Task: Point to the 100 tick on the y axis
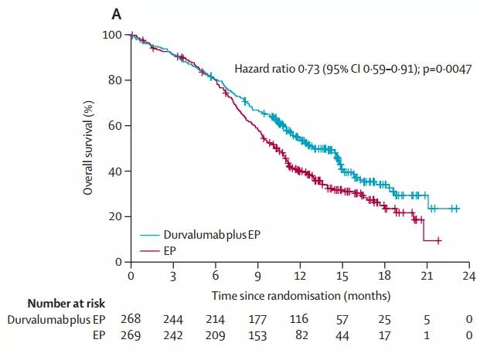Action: pyautogui.click(x=113, y=35)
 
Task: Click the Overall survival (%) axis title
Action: pyautogui.click(x=89, y=149)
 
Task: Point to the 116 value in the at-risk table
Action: pyautogui.click(x=300, y=318)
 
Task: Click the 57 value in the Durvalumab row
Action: pyautogui.click(x=342, y=318)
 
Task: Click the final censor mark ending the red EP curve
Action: pyautogui.click(x=438, y=241)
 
